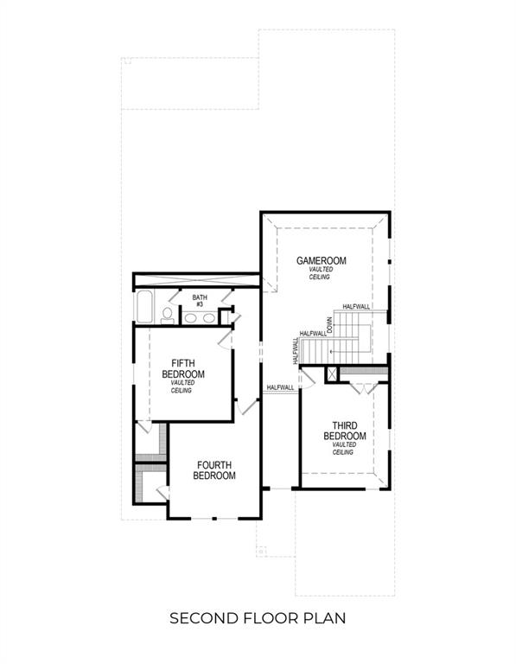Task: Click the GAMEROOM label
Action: tap(322, 260)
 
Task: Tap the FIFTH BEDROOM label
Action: tap(183, 368)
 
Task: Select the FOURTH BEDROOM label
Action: tap(213, 469)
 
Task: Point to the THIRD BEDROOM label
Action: tap(345, 431)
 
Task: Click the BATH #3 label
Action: tap(200, 300)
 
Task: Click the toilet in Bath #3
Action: tap(168, 316)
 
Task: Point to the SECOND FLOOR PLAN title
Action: tap(258, 618)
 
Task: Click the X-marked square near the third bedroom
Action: tap(330, 374)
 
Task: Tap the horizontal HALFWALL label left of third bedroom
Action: tap(280, 387)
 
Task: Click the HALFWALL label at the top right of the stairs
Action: tap(356, 307)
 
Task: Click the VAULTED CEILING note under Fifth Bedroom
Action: tap(182, 386)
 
